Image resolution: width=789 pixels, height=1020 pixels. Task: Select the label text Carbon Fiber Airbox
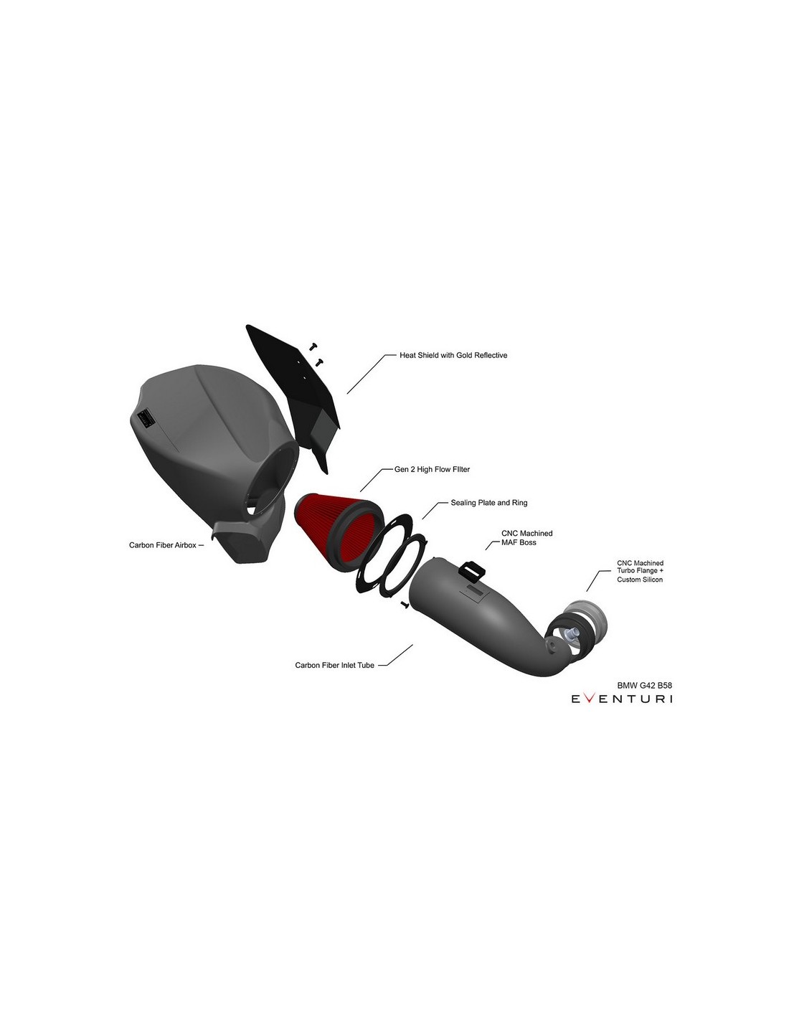(x=162, y=545)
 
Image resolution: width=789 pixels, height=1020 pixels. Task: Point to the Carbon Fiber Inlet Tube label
(x=334, y=665)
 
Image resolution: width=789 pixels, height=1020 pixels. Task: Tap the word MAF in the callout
(x=509, y=543)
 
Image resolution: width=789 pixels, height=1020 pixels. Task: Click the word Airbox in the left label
(x=184, y=545)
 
